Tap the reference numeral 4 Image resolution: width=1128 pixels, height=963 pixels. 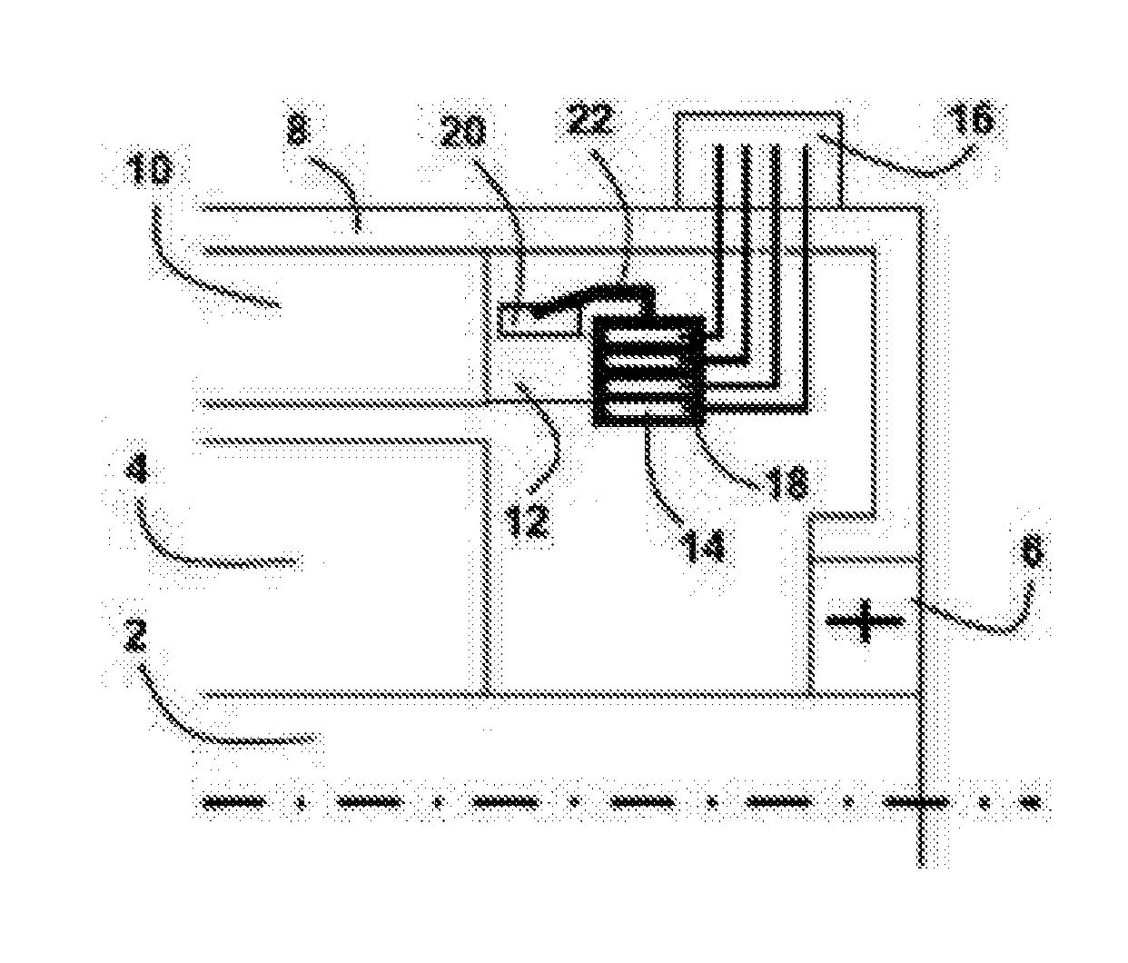(143, 474)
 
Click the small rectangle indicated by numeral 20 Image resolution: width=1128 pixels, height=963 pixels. (540, 320)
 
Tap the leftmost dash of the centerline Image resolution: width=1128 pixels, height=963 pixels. (233, 801)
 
